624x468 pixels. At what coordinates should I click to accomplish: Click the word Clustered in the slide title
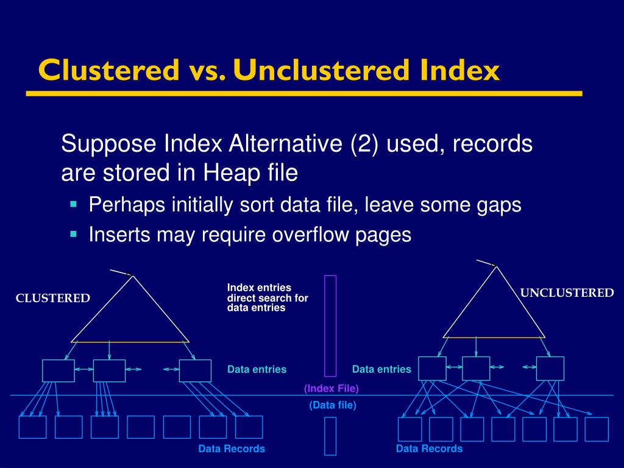pos(107,71)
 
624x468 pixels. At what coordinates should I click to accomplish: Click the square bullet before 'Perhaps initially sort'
pos(74,204)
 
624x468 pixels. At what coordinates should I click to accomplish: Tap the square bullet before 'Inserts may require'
pos(74,233)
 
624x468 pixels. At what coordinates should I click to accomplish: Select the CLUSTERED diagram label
pos(53,298)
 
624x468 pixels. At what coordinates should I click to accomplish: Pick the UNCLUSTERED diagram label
pos(567,293)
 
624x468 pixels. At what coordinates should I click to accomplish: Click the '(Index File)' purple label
pos(331,389)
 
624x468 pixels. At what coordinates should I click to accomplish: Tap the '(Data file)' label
pos(332,405)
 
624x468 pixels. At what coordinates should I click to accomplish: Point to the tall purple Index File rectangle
pos(330,325)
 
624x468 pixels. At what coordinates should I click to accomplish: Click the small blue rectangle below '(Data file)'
pos(330,436)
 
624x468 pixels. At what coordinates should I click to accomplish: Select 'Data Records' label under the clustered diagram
pos(232,448)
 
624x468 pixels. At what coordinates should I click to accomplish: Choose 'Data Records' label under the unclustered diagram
pos(429,448)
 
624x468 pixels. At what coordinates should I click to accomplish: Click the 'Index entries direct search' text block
pos(268,298)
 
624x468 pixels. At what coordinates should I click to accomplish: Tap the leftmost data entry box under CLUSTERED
pos(58,370)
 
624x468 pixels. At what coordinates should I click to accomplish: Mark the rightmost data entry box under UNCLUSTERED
pos(550,369)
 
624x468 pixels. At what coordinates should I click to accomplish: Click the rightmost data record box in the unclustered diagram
pos(597,429)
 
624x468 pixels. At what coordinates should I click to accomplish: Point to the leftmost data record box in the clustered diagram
pos(32,427)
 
